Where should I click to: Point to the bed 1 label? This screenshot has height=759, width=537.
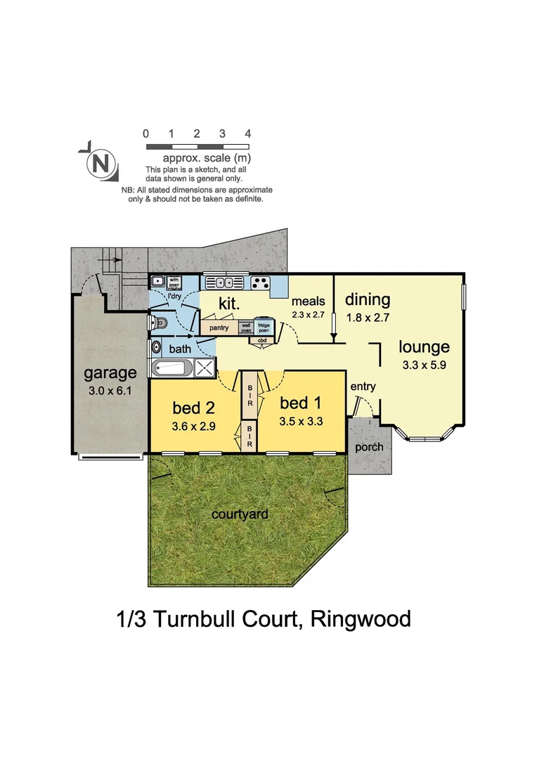(x=301, y=403)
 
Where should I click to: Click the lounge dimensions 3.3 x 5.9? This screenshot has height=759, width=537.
(x=424, y=365)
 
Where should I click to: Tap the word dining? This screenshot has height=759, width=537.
(x=367, y=299)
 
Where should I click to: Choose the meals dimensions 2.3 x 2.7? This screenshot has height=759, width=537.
(x=309, y=314)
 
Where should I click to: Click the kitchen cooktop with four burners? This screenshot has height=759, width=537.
(x=260, y=283)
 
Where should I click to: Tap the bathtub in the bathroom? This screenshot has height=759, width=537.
(x=171, y=367)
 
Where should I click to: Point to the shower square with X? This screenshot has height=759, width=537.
(x=205, y=367)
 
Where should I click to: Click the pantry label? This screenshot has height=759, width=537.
(x=219, y=327)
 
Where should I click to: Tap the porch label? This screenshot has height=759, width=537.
(x=370, y=447)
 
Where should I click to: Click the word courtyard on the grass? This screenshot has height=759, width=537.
(x=240, y=514)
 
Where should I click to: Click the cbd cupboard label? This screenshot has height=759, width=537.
(x=263, y=341)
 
